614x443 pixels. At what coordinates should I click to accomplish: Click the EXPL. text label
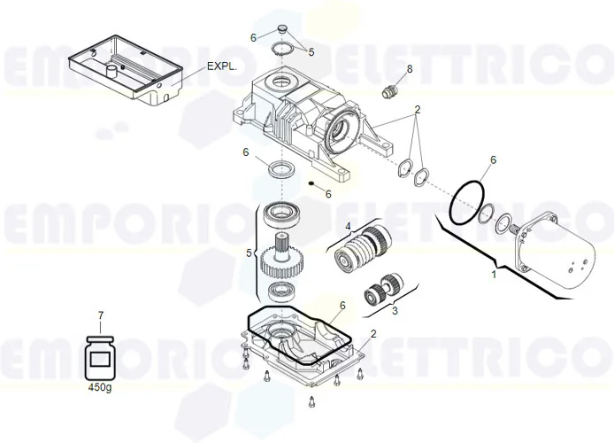point(224,66)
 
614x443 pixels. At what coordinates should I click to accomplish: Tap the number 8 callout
point(409,68)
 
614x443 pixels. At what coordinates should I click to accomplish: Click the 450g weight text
point(101,387)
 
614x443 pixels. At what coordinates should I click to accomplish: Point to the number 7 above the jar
point(100,315)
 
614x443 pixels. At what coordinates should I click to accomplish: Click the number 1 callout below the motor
point(494,276)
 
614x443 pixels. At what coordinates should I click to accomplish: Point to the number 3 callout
point(395,311)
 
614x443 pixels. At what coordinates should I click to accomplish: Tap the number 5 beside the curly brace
point(250,253)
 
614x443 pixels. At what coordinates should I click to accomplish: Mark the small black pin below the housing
point(312,184)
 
